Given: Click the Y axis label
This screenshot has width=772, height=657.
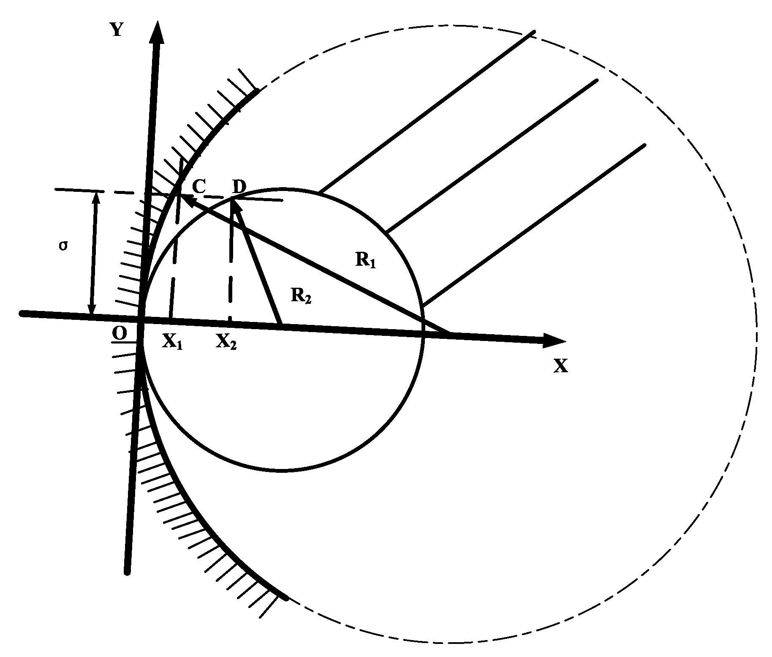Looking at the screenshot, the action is [x=117, y=30].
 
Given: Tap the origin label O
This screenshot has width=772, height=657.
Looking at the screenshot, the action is [x=120, y=334].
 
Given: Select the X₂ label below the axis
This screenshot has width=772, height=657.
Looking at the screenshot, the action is [x=226, y=341].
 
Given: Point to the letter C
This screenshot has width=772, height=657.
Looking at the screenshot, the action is [x=199, y=185].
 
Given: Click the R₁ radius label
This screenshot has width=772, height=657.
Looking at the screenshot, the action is [x=365, y=261].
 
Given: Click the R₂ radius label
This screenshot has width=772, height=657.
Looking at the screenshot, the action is [x=301, y=295].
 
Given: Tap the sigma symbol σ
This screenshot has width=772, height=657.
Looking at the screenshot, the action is [x=63, y=246].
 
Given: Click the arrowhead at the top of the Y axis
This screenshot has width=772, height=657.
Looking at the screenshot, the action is [x=158, y=32].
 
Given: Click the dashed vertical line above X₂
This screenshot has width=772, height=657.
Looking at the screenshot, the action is [x=231, y=262].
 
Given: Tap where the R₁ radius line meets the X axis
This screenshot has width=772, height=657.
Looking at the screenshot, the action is [x=449, y=333].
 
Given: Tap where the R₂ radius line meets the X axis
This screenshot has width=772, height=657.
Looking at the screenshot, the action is [x=280, y=324].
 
